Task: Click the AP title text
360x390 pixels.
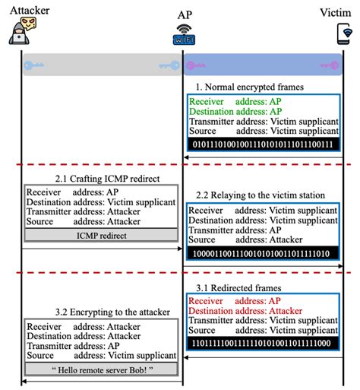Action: pos(184,14)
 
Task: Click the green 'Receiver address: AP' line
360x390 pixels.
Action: pos(228,101)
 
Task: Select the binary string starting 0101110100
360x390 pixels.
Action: pos(261,144)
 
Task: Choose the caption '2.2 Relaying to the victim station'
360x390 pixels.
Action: pos(261,195)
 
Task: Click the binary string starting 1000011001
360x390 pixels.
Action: pos(261,252)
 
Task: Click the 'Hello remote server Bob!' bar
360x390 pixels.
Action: pos(103,369)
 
